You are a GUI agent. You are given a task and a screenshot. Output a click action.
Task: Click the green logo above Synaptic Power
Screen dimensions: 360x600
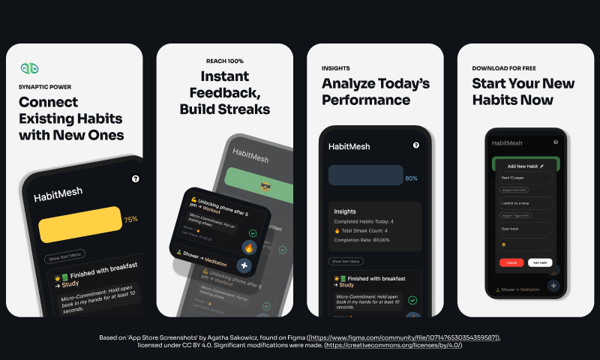29,69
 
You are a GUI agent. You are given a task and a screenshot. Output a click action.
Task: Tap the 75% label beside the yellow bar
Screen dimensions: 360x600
130,220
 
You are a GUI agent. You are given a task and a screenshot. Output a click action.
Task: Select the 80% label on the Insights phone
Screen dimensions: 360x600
411,178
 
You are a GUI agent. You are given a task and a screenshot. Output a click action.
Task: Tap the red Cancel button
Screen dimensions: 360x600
511,262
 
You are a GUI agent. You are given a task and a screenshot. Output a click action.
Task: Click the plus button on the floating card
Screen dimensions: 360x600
244,265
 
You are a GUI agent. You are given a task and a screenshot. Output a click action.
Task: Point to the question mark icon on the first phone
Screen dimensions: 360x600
135,178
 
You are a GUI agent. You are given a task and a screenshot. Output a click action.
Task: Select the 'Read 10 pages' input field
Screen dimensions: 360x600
525,178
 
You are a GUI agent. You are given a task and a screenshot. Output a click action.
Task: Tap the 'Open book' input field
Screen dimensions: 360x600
525,228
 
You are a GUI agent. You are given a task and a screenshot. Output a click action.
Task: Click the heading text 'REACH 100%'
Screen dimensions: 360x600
225,61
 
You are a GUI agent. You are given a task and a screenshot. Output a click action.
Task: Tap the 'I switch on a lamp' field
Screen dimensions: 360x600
525,203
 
